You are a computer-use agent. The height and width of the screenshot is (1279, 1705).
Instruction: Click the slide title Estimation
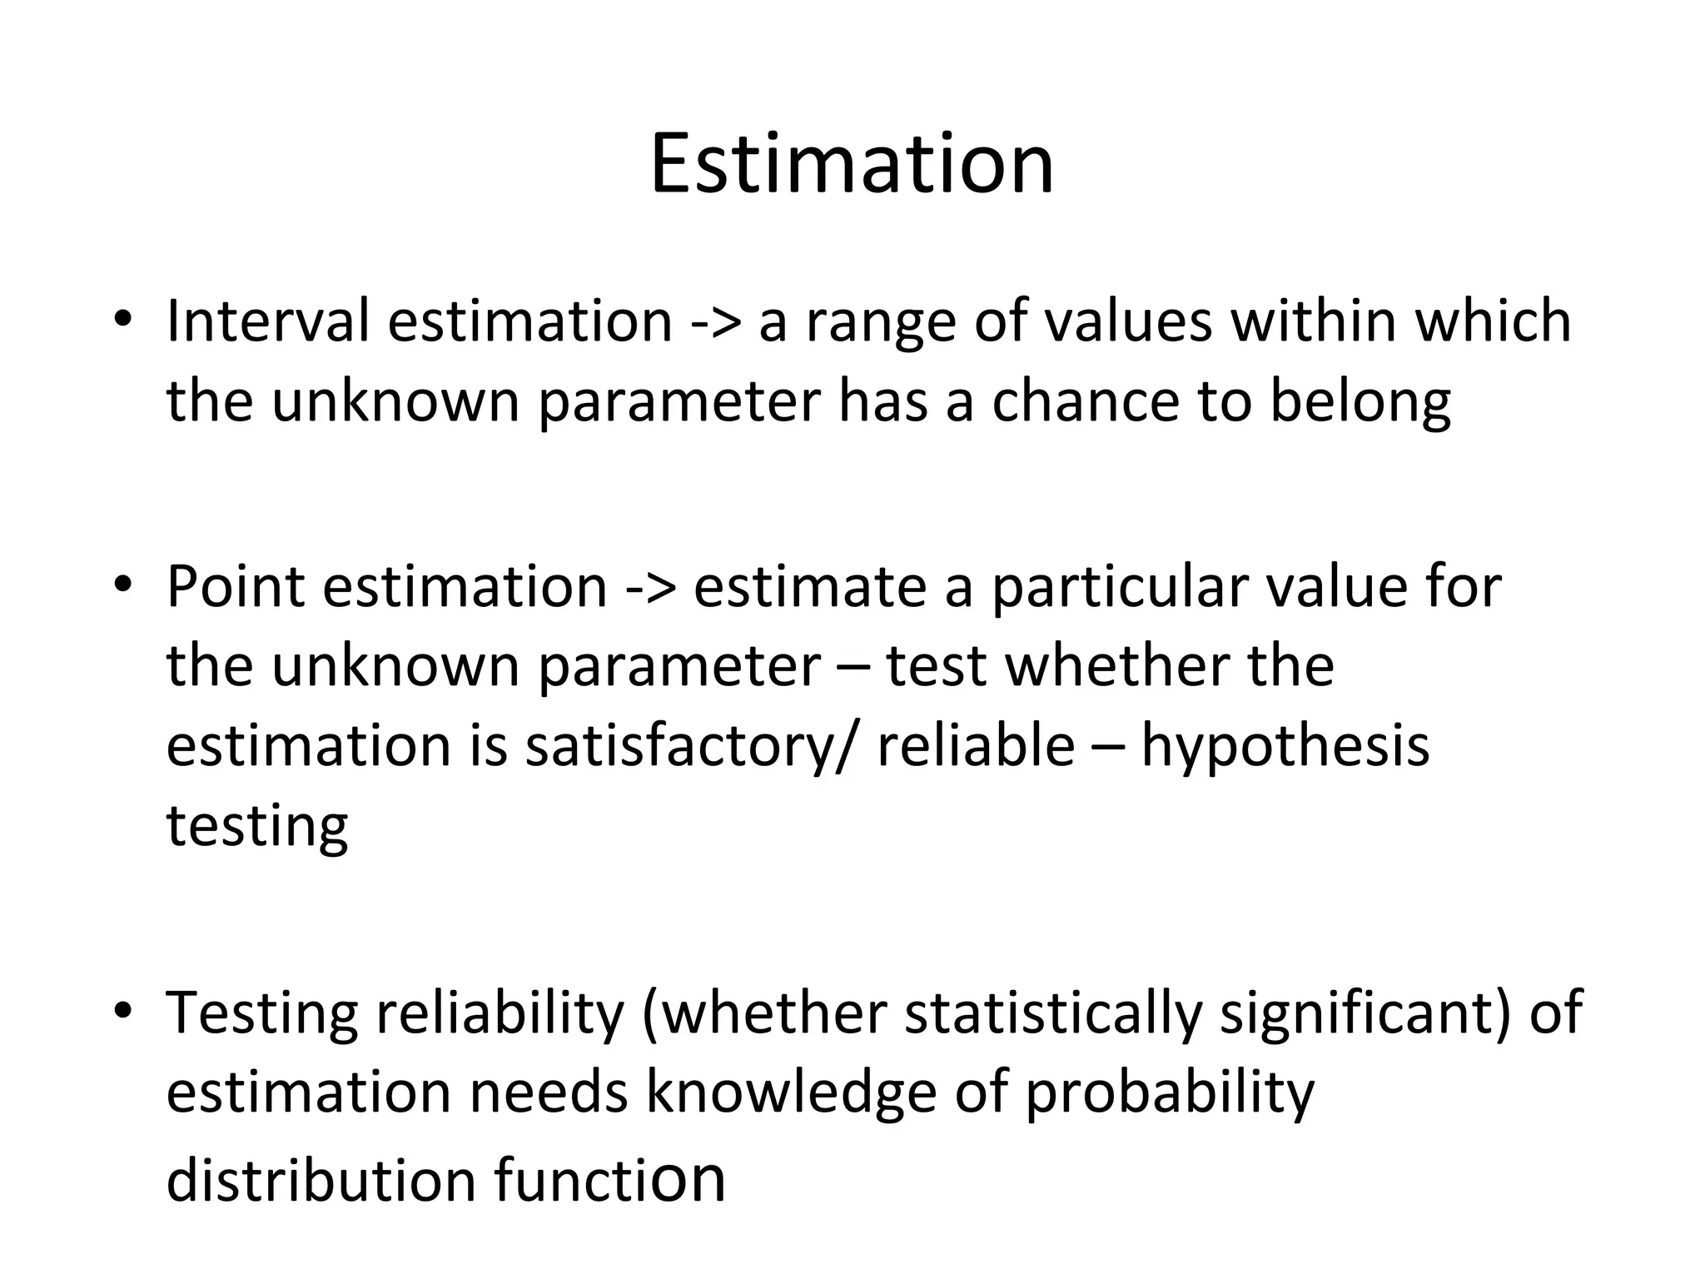(x=852, y=164)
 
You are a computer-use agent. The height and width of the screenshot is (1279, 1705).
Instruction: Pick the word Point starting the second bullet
(x=236, y=586)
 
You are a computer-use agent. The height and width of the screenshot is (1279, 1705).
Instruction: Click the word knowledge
(x=791, y=1094)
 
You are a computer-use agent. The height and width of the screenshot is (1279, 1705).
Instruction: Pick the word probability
(x=1169, y=1094)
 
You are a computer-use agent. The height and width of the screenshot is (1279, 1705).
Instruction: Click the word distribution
(x=321, y=1182)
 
